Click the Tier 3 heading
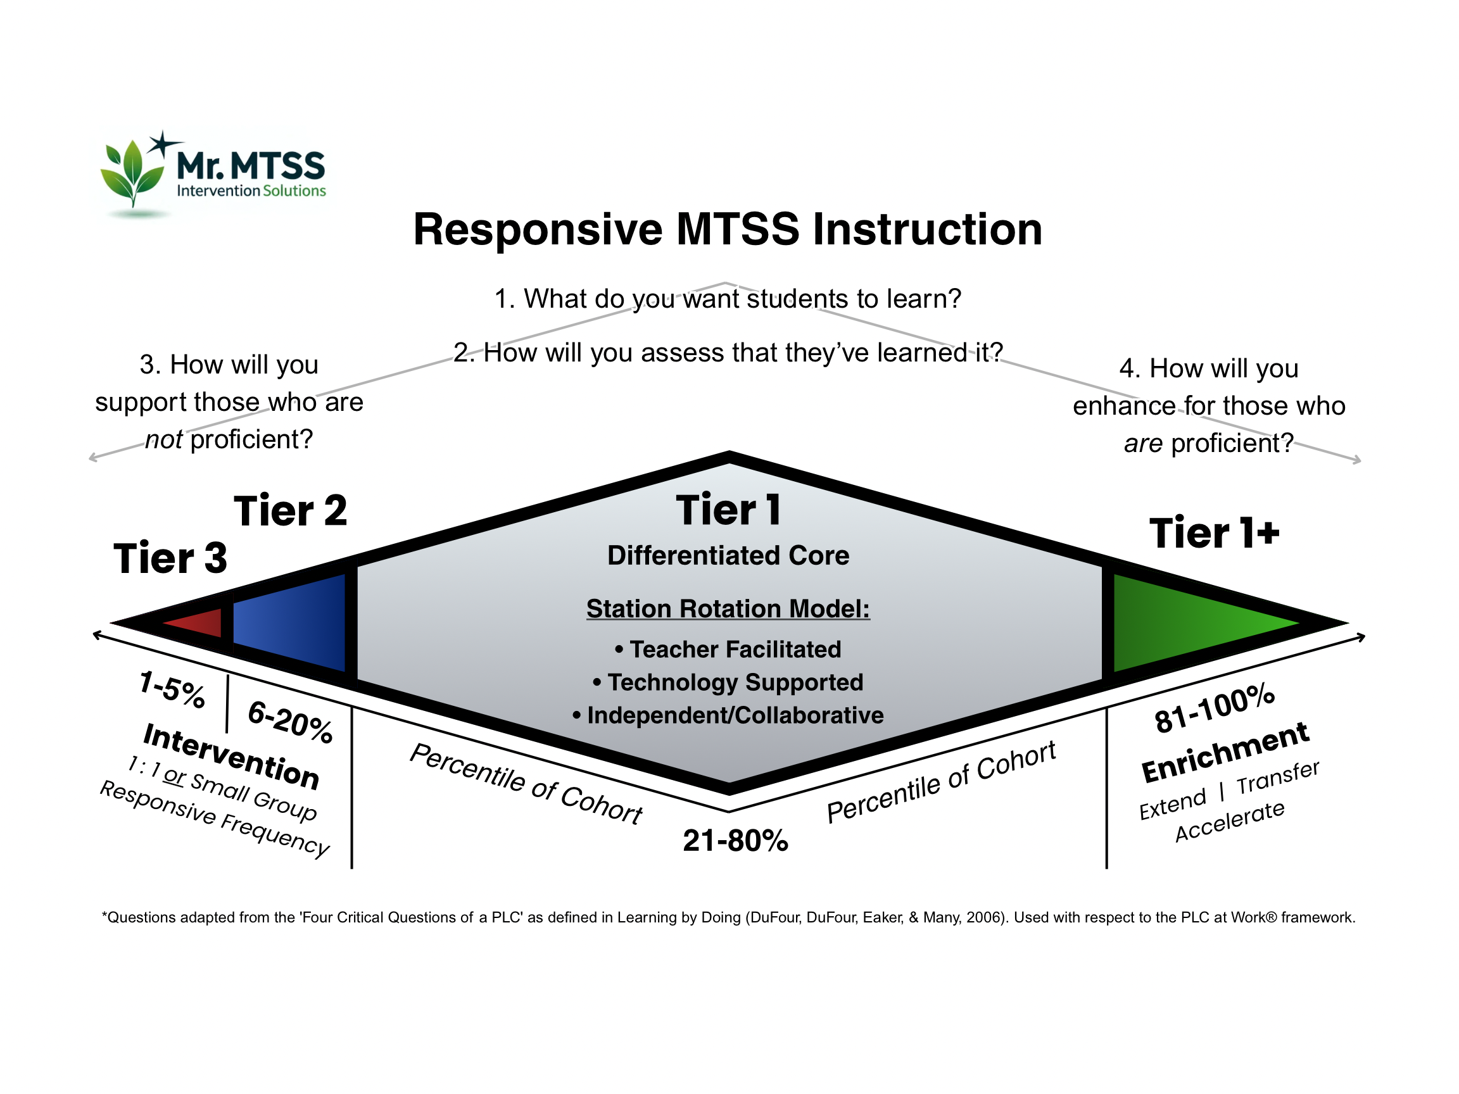170,558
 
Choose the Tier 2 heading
290,510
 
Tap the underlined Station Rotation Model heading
728,608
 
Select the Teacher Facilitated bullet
728,650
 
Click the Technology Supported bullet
728,682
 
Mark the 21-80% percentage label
735,841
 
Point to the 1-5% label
172,689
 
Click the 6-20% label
290,723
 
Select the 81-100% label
1215,708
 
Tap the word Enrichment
1225,752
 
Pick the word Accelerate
1230,821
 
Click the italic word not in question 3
163,439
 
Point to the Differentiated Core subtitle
728,555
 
